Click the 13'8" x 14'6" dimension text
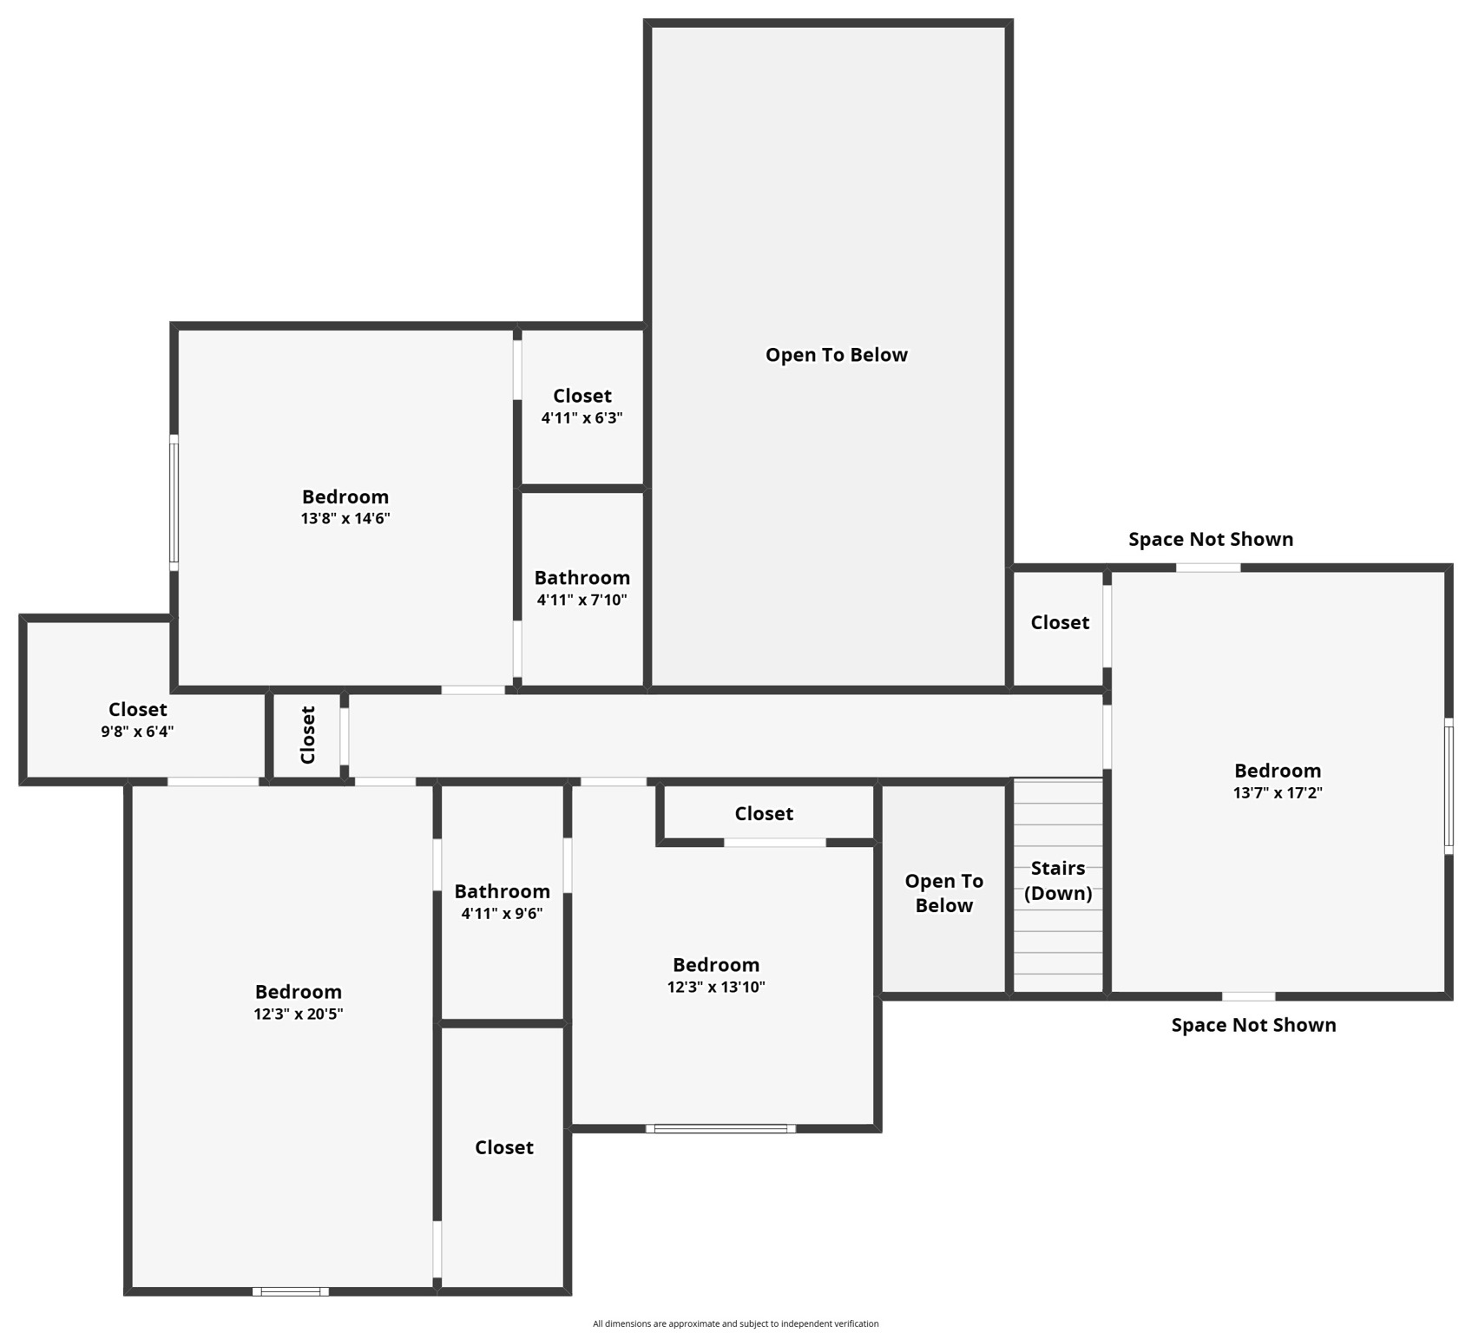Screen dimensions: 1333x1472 pos(345,519)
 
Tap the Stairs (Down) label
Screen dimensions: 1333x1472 pos(1058,881)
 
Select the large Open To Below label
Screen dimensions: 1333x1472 pos(836,355)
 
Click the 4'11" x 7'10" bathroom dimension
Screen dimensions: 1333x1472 pos(582,600)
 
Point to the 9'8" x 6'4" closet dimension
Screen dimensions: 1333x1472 pos(137,732)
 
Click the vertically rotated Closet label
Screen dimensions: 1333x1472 pos(307,734)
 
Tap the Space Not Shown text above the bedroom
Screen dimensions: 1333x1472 pos(1210,540)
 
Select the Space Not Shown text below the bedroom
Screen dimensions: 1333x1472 pos(1253,1025)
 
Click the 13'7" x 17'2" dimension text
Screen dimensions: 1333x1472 pos(1278,792)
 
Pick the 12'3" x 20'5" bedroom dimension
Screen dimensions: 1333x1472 pos(299,1014)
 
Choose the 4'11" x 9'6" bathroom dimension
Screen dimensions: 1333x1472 pos(502,913)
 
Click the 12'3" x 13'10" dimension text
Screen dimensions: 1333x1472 pos(716,987)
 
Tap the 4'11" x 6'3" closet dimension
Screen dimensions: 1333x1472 pos(582,417)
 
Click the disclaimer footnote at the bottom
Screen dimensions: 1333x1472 pos(735,1323)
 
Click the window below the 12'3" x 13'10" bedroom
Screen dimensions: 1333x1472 pos(720,1128)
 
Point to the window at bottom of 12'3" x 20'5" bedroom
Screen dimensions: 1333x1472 pos(291,1291)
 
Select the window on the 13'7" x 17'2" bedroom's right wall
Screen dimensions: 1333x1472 pos(1449,786)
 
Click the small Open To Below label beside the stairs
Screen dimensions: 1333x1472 pos(943,893)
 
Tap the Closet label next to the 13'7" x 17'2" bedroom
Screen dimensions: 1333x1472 pos(1060,623)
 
